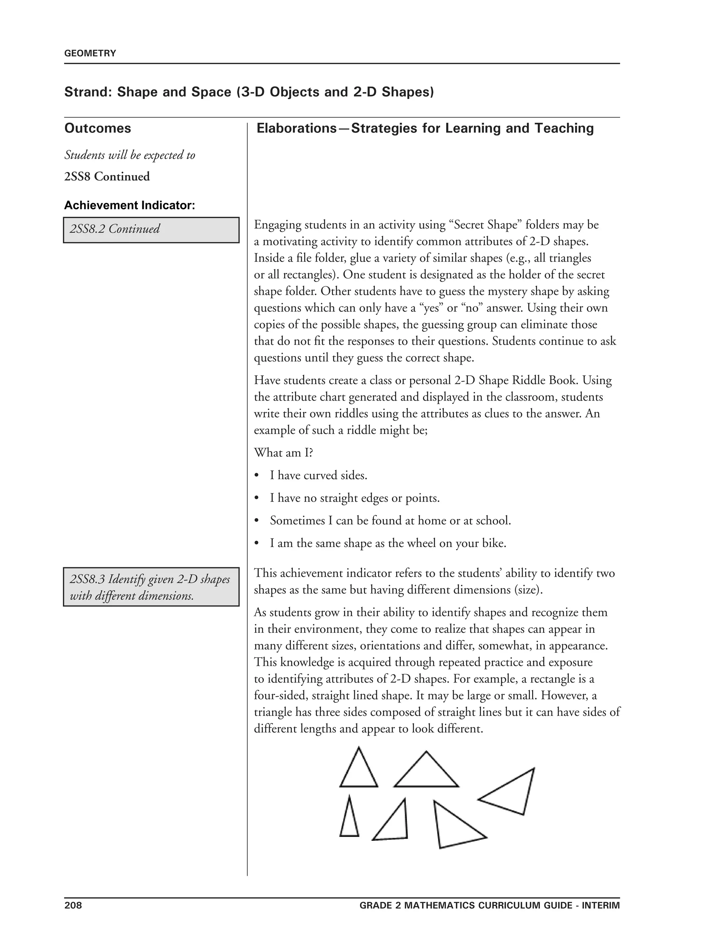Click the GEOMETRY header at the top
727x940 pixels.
tap(90, 53)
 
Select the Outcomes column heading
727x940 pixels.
tap(97, 128)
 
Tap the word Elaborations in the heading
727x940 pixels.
tap(296, 128)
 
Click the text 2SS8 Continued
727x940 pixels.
tap(107, 176)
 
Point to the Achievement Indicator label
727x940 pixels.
tap(129, 205)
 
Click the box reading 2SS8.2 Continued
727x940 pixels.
tap(151, 230)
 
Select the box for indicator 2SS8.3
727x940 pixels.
tap(151, 587)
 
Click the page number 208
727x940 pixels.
tap(73, 905)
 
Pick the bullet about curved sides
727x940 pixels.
tap(318, 476)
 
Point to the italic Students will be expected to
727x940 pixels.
tap(129, 155)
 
